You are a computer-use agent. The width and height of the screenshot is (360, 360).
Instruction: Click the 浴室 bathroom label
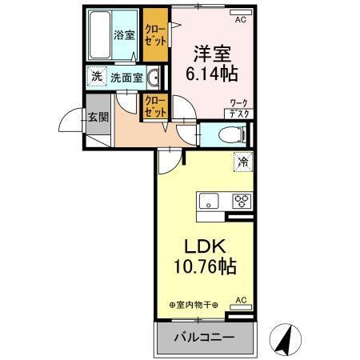[123, 35]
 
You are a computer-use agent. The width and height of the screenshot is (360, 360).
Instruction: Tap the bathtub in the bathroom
[99, 36]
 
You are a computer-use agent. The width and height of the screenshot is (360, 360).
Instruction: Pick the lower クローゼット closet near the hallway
[155, 107]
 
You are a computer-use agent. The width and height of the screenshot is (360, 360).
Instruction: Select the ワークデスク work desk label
[238, 109]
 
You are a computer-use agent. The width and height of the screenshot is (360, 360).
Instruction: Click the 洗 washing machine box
[96, 78]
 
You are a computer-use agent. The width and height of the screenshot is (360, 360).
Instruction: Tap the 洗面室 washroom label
[126, 78]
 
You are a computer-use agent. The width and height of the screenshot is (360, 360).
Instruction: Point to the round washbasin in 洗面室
[153, 78]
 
